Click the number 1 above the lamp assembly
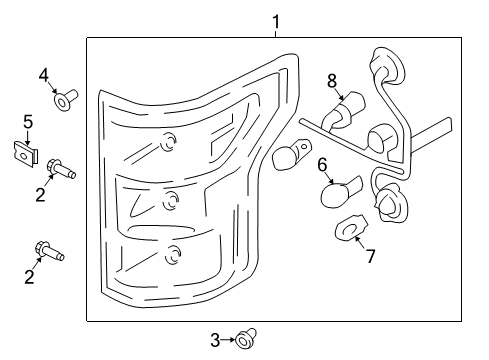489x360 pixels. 276,21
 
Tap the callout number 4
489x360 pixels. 43,75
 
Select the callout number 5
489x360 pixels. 28,122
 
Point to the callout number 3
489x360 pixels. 214,341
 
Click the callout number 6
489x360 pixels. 322,163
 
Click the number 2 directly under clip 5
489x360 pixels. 41,194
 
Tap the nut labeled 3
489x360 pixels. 244,342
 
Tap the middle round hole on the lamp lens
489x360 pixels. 171,196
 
